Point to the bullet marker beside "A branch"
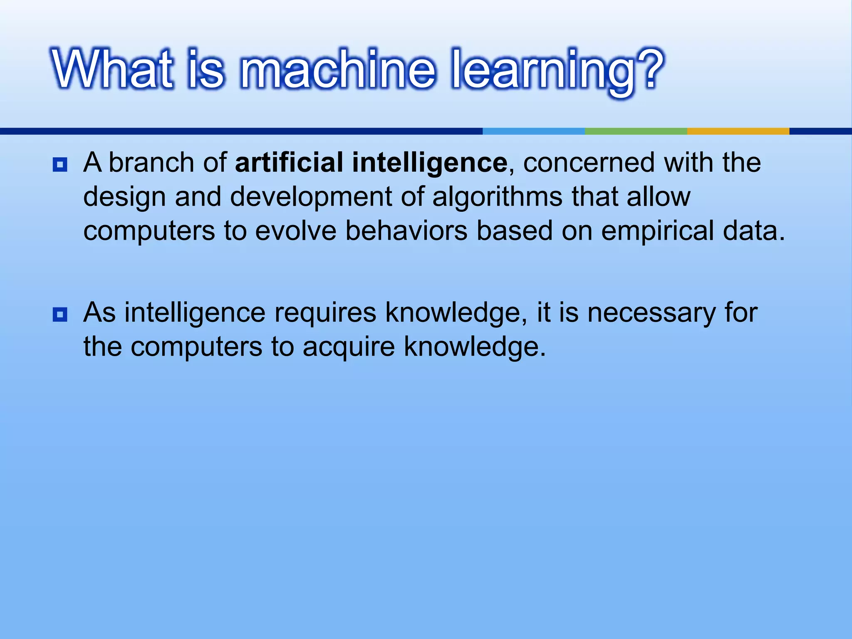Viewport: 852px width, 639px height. point(60,165)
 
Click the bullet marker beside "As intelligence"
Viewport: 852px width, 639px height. point(60,315)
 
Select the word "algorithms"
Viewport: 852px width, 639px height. point(497,197)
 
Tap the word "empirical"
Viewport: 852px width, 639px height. point(657,230)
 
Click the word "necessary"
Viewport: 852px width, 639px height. point(651,312)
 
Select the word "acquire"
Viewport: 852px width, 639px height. point(349,347)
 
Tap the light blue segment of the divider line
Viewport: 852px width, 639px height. point(534,131)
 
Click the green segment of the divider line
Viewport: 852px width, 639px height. point(636,131)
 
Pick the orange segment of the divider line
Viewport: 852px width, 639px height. point(738,131)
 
